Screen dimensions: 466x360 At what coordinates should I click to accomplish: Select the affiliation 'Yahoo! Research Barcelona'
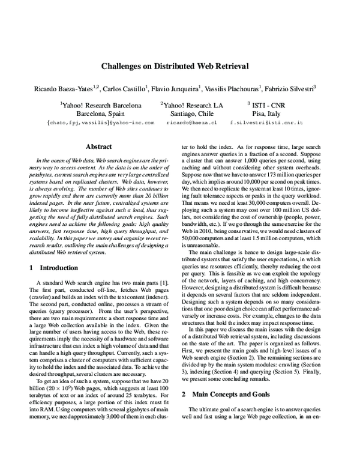pyautogui.click(x=101, y=104)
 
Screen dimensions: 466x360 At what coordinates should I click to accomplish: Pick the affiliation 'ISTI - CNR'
pyautogui.click(x=267, y=104)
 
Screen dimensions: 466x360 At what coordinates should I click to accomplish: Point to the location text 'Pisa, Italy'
pyautogui.click(x=266, y=113)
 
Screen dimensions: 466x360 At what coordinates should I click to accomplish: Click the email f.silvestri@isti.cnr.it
pyautogui.click(x=266, y=122)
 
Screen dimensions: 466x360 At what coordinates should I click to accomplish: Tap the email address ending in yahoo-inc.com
pyautogui.click(x=100, y=122)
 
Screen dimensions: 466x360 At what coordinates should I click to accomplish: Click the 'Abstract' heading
pyautogui.click(x=99, y=146)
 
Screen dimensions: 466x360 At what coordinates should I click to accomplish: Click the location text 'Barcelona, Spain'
pyautogui.click(x=100, y=113)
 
